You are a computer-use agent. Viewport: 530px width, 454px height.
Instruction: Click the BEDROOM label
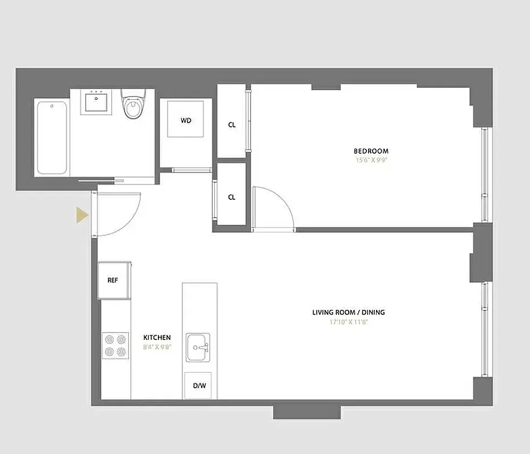[x=371, y=151]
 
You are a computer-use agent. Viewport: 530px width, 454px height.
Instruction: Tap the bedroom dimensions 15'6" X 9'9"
[x=371, y=160]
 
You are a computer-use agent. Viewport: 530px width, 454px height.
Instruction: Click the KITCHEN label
[x=157, y=338]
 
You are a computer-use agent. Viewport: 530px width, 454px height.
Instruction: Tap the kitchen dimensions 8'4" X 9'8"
[x=157, y=347]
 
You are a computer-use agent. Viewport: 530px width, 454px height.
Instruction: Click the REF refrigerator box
[x=114, y=280]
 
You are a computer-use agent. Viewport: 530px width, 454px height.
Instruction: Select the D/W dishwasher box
[x=199, y=386]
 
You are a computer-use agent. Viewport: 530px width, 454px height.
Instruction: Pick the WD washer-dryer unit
[x=186, y=120]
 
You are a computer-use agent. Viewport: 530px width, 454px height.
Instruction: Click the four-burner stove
[x=115, y=346]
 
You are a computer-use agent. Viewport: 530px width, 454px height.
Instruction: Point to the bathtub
[x=51, y=137]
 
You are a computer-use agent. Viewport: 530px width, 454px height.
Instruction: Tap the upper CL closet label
[x=232, y=125]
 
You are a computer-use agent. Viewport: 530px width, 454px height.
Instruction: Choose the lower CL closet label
[x=232, y=197]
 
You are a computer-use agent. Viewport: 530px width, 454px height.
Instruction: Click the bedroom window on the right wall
[x=485, y=175]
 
